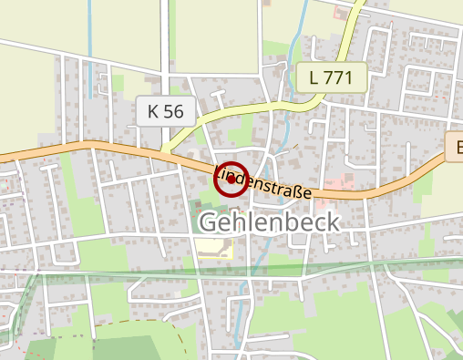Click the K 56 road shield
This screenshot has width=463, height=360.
165,112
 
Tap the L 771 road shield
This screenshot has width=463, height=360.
330,77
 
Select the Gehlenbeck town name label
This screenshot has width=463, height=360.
269,222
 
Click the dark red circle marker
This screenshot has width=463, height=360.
231,179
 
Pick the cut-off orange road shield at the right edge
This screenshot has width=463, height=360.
456,145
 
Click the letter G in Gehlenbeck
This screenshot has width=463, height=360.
209,222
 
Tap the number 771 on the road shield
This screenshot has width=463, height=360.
338,77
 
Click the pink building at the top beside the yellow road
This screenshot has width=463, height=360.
344,15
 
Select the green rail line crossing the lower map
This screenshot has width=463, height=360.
137,273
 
